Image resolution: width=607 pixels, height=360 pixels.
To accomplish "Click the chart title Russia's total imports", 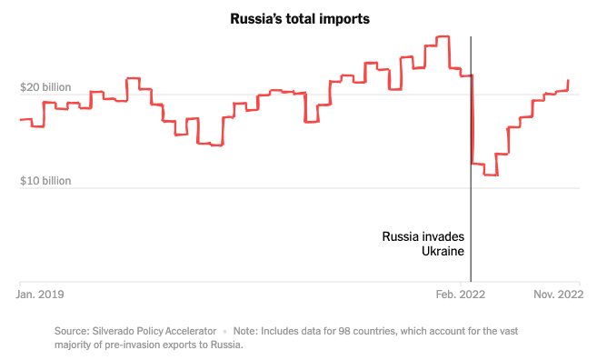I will [x=300, y=19].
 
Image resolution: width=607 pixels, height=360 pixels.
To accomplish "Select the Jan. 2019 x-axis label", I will [x=42, y=294].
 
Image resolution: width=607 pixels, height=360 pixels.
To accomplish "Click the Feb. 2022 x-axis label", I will [x=461, y=294].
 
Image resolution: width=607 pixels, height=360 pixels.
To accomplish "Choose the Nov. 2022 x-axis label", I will [x=556, y=294].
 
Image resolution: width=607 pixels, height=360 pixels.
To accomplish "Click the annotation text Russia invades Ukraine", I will [x=423, y=244].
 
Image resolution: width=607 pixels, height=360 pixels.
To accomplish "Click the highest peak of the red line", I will [x=443, y=37].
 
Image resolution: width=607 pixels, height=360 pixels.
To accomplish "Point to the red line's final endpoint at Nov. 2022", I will [x=569, y=81].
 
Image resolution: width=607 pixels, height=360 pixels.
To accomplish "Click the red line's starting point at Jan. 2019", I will [x=21, y=120].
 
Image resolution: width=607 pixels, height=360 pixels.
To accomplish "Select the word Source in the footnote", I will [x=72, y=331].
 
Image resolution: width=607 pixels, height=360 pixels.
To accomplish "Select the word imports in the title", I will [x=344, y=19].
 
